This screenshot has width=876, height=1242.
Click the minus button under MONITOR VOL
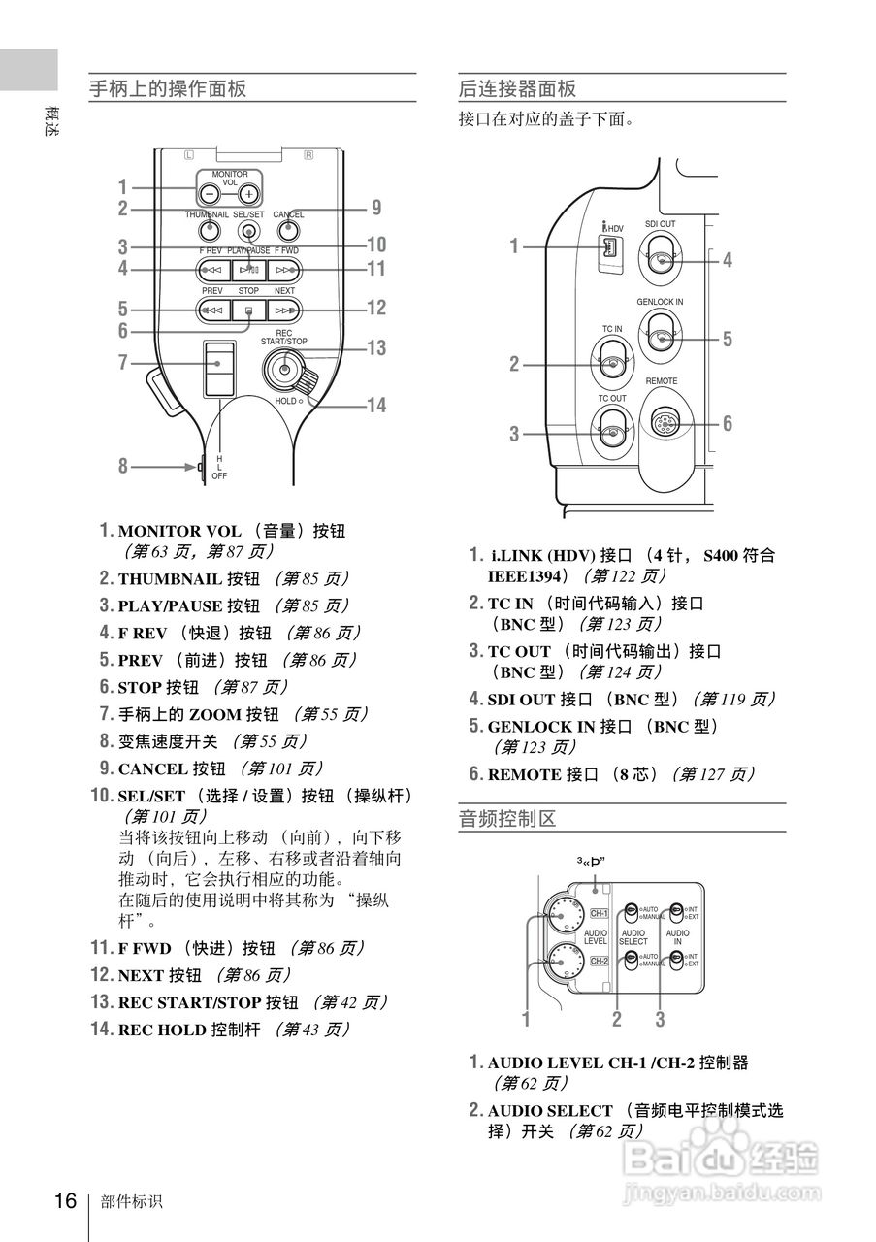point(210,193)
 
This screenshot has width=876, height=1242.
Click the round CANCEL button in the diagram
point(287,231)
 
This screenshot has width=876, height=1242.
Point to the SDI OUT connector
point(661,260)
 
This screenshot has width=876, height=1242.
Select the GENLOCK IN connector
point(661,338)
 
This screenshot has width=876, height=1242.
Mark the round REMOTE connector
point(663,423)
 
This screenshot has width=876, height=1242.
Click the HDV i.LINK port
point(609,249)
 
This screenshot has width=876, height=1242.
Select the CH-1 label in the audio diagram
point(599,913)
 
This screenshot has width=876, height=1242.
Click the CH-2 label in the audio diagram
point(599,961)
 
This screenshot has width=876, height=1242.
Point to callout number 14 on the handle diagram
point(376,405)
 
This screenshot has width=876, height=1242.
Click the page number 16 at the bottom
point(65,1201)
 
